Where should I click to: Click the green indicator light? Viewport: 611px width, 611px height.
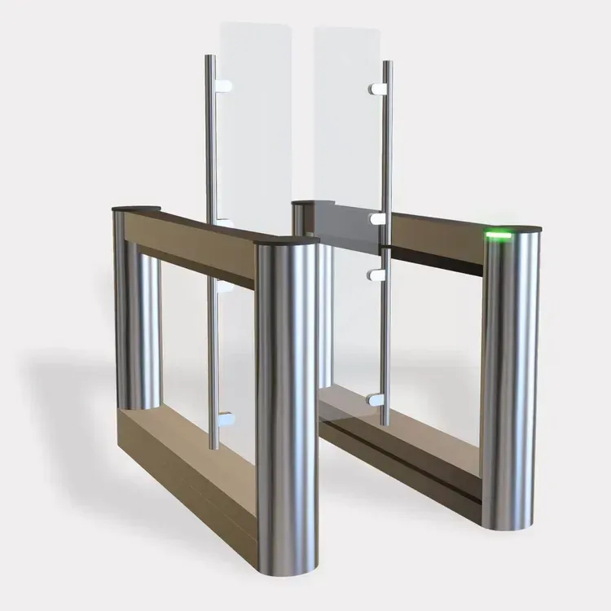click(499, 236)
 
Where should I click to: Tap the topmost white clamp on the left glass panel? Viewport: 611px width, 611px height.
click(224, 83)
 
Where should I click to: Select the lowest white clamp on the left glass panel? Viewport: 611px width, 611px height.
click(226, 419)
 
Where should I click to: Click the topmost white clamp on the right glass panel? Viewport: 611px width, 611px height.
click(376, 84)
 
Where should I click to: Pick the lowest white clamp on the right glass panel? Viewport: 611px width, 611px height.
click(376, 399)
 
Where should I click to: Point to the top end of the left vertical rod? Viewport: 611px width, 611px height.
click(211, 57)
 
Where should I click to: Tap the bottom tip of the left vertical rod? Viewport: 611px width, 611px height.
click(211, 447)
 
